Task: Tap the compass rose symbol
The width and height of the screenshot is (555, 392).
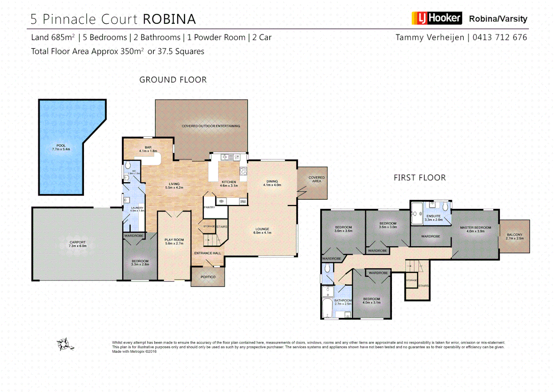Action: [64, 344]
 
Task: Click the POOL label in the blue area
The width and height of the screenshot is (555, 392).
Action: [61, 147]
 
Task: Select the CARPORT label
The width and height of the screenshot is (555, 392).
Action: [77, 244]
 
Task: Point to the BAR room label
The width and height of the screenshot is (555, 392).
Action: [148, 149]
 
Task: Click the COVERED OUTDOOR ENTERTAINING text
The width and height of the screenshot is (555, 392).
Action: [211, 126]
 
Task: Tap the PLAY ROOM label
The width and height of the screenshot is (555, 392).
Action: [174, 241]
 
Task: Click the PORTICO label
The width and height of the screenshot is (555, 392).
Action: [208, 277]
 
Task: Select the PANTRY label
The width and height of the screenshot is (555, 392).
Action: [209, 207]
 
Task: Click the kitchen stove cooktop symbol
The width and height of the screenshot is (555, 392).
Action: [243, 171]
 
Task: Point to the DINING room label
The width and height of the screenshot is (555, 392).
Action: [272, 183]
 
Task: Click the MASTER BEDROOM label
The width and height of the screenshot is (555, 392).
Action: [475, 229]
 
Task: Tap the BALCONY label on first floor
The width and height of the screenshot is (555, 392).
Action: [514, 236]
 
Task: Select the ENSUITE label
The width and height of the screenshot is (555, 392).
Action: [433, 217]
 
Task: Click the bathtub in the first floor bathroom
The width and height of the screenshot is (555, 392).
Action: [327, 308]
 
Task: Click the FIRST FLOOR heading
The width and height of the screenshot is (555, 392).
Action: [420, 177]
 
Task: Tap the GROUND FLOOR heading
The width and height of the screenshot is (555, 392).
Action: [173, 80]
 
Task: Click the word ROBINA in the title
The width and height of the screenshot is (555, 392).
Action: [169, 19]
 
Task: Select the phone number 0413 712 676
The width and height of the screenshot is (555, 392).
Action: [499, 37]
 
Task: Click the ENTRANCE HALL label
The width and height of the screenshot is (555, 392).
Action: [207, 253]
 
